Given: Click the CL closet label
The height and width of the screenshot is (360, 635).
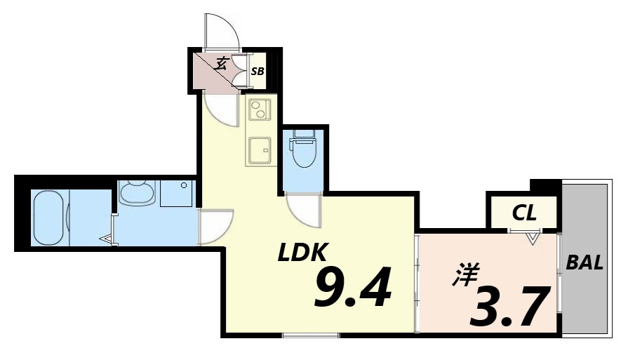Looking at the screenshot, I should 523,212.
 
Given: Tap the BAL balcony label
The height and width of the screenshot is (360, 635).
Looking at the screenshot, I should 584,263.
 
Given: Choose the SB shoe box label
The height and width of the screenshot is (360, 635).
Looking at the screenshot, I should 258,71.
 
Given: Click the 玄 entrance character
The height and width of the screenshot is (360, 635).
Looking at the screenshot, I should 220,64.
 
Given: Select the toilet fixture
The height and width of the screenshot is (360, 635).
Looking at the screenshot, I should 304,149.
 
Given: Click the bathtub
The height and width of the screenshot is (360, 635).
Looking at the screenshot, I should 50,218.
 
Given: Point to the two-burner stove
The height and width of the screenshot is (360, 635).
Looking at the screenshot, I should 259,111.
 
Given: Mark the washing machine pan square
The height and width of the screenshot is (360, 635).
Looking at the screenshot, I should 176,193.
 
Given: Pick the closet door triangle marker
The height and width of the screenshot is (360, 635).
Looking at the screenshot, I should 533,238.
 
